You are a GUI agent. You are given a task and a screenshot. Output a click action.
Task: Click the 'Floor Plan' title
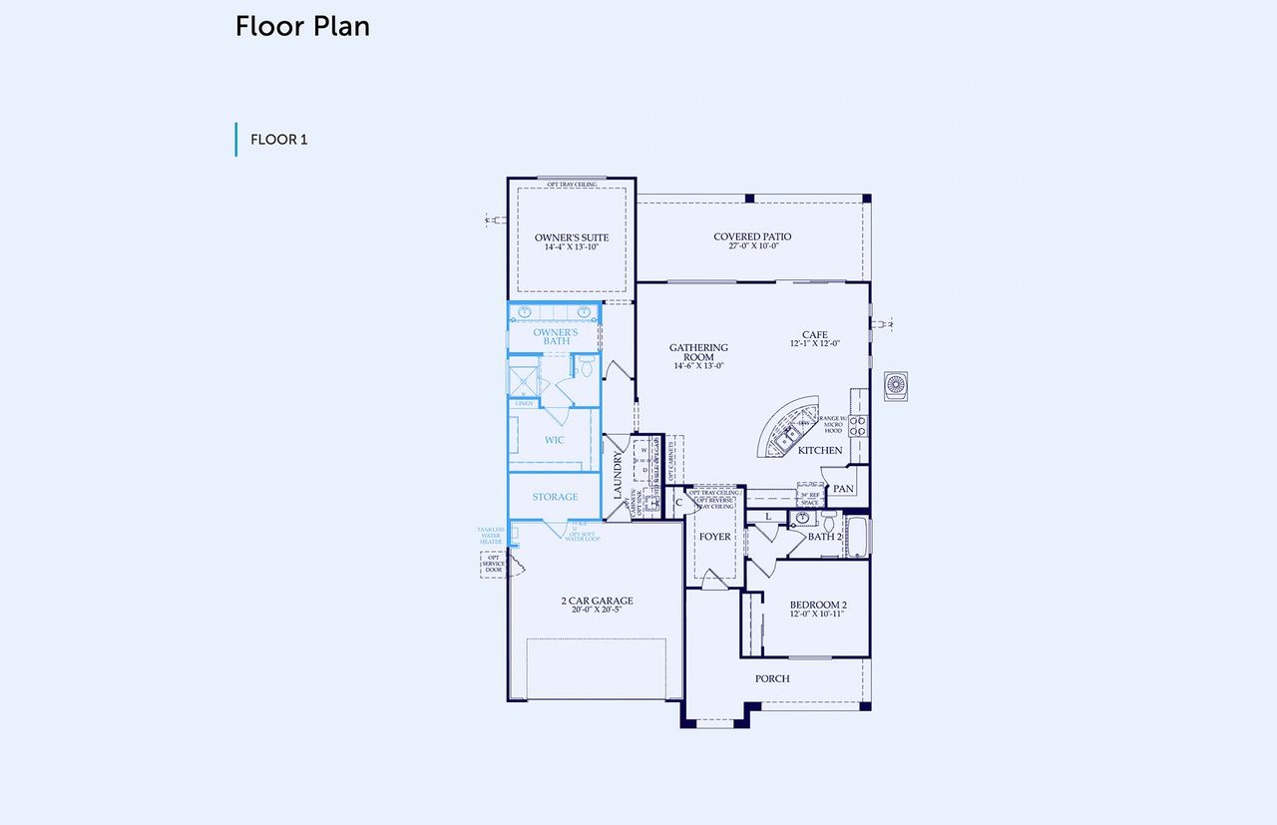(302, 27)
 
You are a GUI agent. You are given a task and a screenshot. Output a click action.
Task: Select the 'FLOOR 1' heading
(278, 140)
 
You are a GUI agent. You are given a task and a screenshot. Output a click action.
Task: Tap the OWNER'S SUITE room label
(571, 237)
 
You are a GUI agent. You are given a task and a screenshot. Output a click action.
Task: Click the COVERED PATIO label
(752, 237)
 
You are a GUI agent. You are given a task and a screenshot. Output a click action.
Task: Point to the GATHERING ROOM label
(698, 353)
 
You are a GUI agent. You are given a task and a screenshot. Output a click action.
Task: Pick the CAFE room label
(815, 336)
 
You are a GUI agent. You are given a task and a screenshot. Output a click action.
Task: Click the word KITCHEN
(820, 451)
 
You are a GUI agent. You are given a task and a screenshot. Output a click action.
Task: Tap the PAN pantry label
(843, 489)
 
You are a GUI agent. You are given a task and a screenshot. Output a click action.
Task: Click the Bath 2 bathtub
(858, 536)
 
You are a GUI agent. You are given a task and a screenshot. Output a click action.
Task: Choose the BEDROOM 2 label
(818, 606)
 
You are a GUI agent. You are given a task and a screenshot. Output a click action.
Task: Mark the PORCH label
(772, 678)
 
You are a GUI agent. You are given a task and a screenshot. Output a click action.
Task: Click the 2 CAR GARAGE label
(597, 602)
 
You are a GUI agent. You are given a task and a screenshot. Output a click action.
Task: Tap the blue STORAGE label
(555, 497)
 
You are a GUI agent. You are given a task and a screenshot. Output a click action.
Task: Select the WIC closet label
(555, 440)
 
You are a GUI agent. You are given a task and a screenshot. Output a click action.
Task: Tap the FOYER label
(715, 537)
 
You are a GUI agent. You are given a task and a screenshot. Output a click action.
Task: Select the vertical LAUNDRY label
(619, 477)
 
